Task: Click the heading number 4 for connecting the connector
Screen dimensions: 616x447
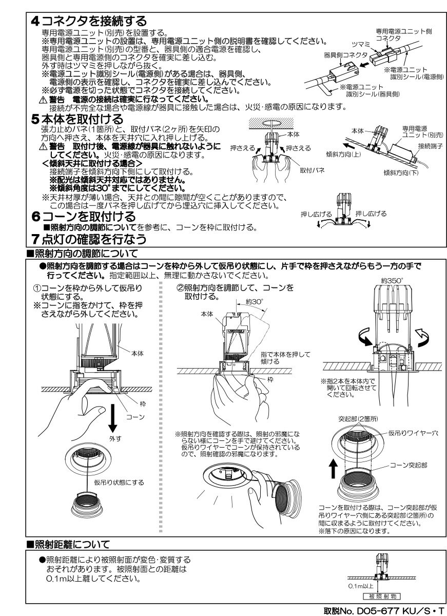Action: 34,22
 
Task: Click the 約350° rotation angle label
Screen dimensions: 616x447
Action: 392,280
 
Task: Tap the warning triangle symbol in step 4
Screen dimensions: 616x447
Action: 44,99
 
